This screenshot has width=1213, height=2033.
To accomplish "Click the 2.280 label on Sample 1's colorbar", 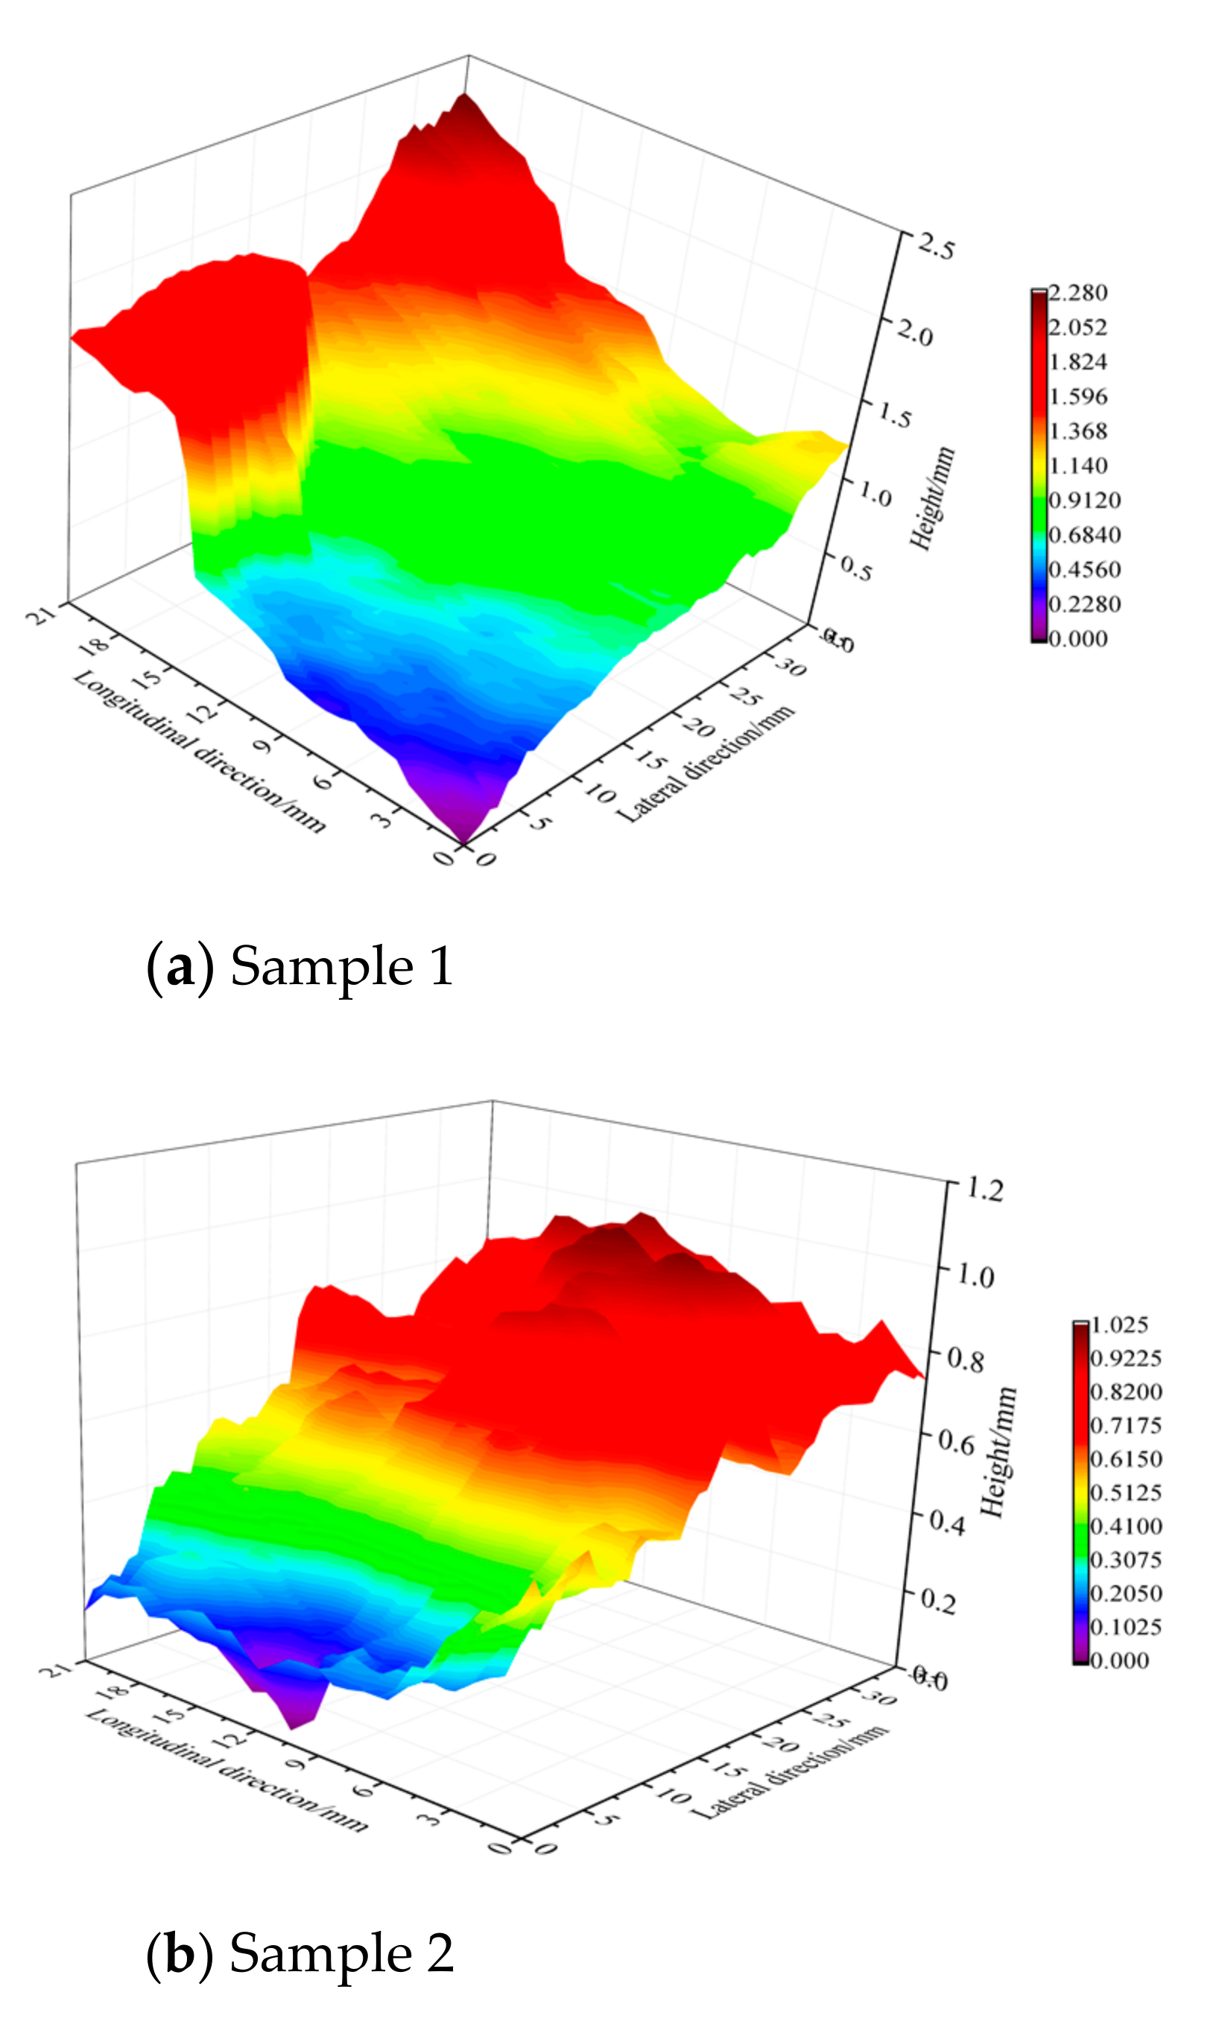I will [1078, 293].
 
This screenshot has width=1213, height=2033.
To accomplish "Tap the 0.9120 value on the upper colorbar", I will [1084, 500].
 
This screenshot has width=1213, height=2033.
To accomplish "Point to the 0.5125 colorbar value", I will [1126, 1493].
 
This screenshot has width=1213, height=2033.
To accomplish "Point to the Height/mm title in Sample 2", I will [999, 1452].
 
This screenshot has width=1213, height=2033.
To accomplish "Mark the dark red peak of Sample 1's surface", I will [464, 102].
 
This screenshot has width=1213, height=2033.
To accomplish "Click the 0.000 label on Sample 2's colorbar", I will [1120, 1661].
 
